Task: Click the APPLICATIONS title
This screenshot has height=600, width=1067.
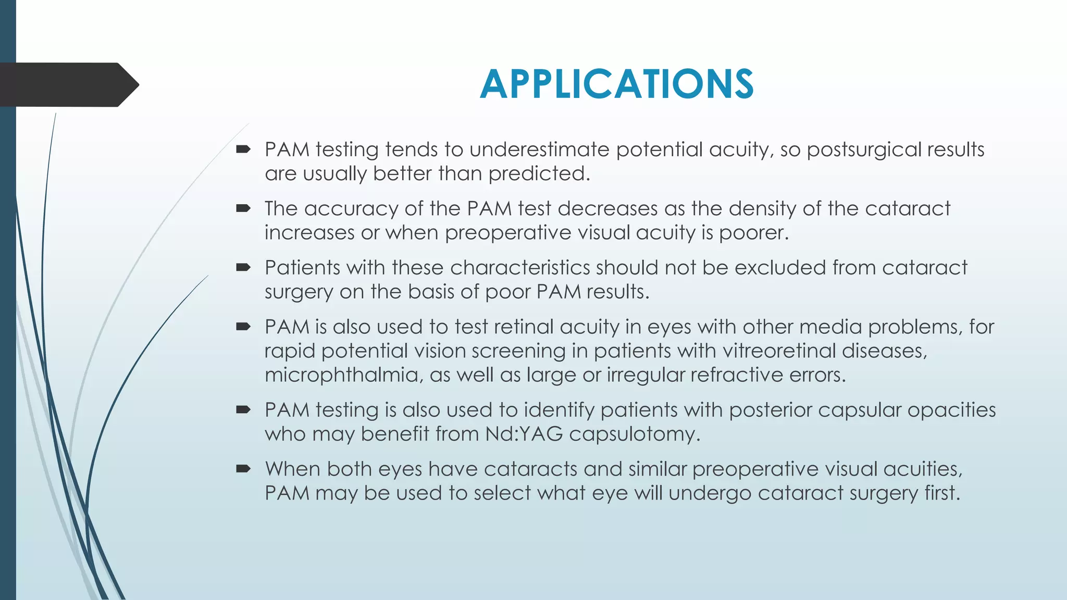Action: (x=616, y=84)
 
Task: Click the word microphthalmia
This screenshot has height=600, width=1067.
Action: (x=343, y=375)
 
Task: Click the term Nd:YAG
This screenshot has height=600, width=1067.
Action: (x=524, y=434)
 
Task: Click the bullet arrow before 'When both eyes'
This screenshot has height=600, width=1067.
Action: (x=243, y=469)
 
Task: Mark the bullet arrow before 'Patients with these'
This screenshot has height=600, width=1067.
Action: (x=243, y=268)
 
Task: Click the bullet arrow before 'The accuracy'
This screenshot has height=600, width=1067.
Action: (x=243, y=209)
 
